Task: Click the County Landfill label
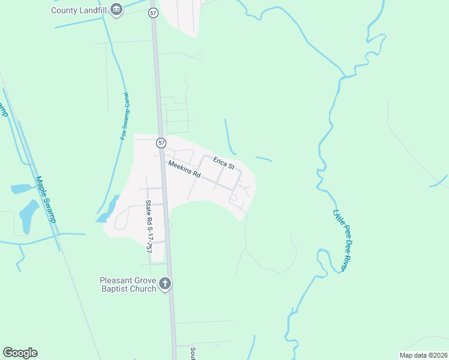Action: pyautogui.click(x=79, y=10)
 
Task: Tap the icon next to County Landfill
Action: pyautogui.click(x=116, y=10)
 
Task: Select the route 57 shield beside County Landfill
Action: pyautogui.click(x=153, y=13)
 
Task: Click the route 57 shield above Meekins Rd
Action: pyautogui.click(x=161, y=143)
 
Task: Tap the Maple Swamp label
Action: pyautogui.click(x=46, y=199)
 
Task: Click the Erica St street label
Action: pyautogui.click(x=223, y=162)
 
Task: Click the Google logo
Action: pyautogui.click(x=20, y=353)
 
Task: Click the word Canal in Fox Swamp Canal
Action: pyautogui.click(x=127, y=101)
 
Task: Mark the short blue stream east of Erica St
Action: pyautogui.click(x=264, y=159)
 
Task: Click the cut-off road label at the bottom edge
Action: pyautogui.click(x=193, y=354)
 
